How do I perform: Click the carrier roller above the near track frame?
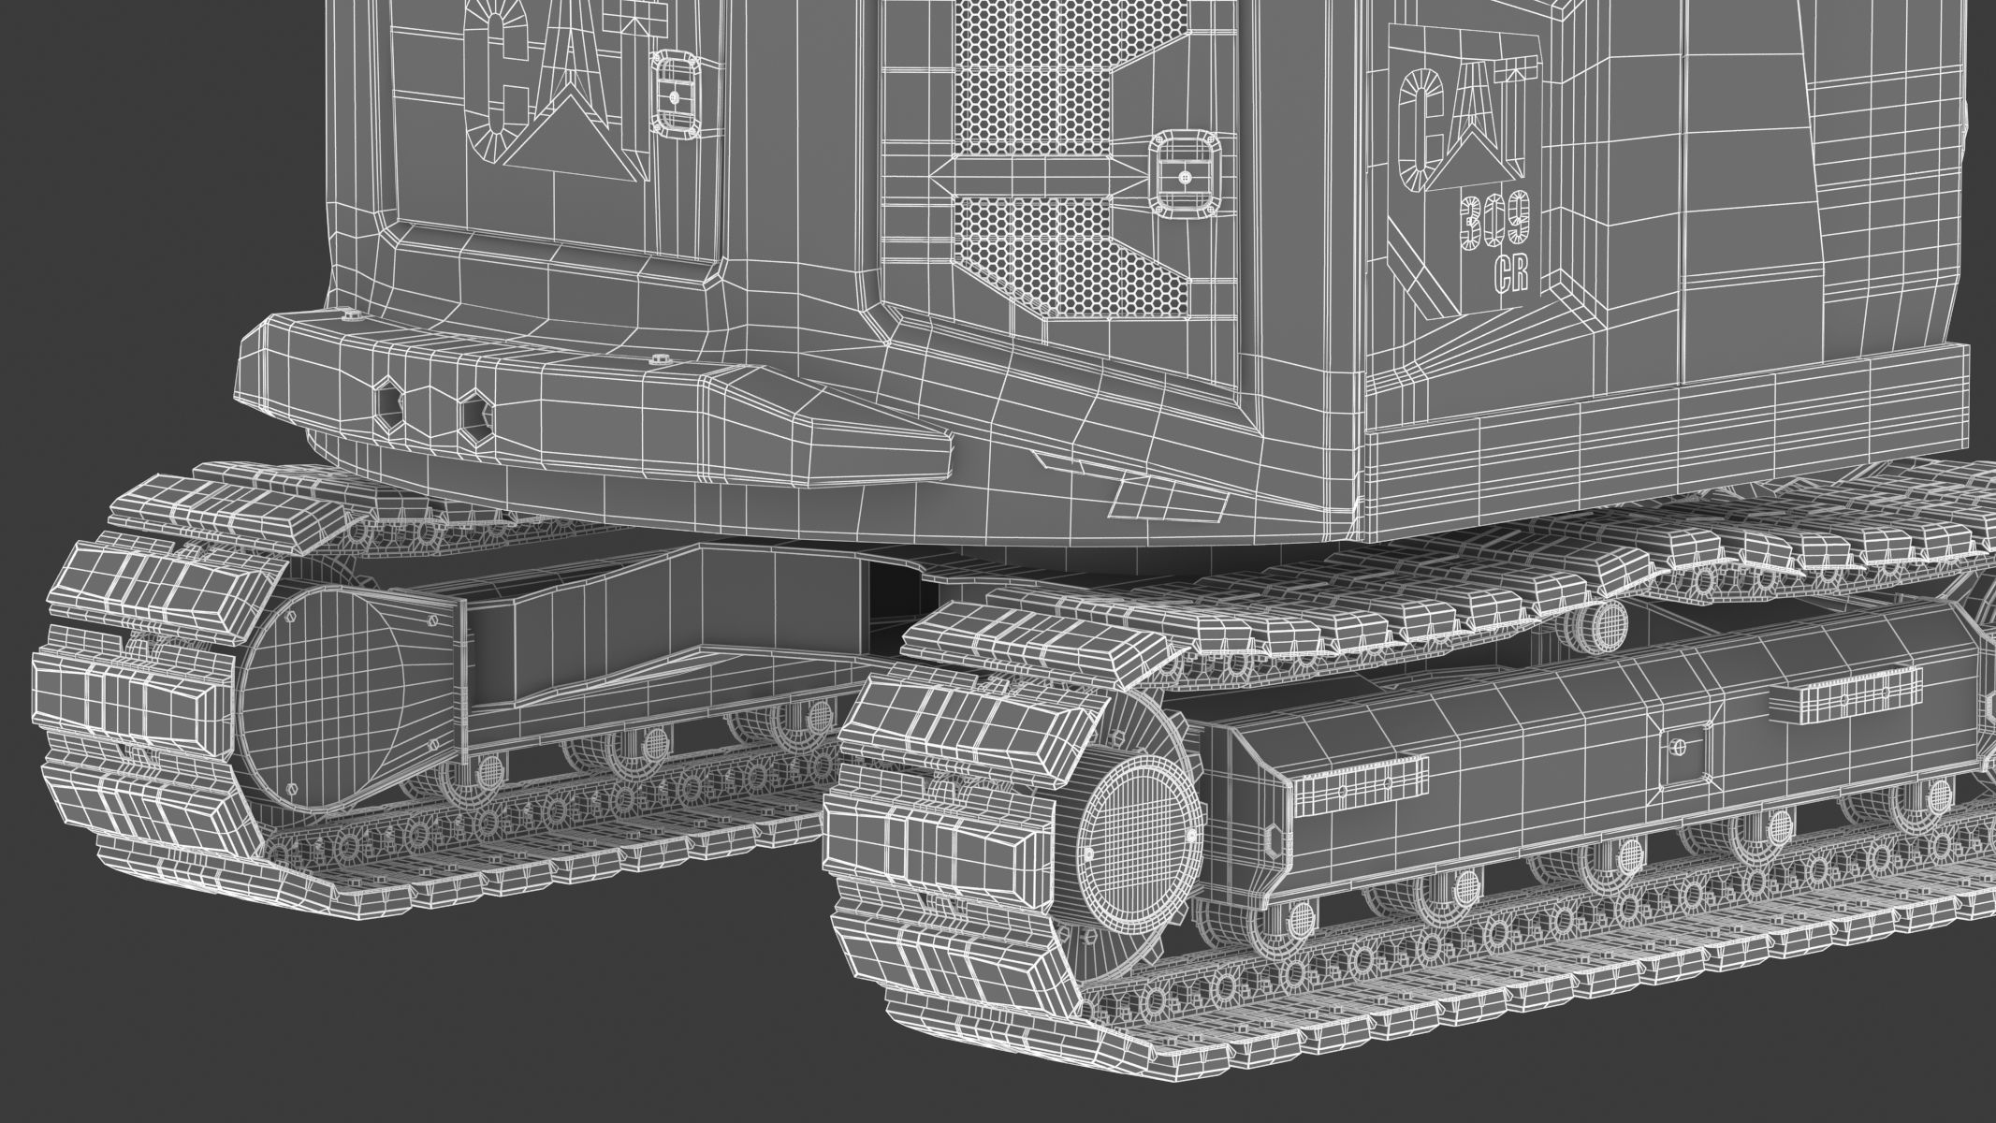pos(1595,620)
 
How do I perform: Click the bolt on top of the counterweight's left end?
pos(352,315)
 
